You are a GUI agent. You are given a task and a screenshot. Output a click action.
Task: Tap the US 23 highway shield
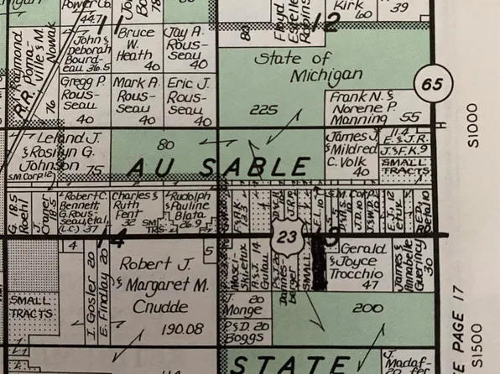point(287,236)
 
